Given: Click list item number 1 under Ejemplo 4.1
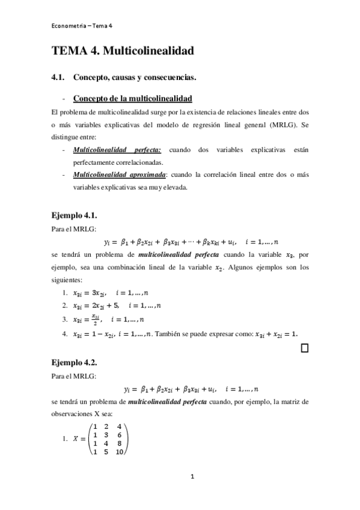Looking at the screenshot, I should (65, 293).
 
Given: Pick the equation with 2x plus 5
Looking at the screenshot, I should (97, 306).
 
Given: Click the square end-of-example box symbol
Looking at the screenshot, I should (304, 348).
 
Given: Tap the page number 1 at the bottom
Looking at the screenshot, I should (192, 478).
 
